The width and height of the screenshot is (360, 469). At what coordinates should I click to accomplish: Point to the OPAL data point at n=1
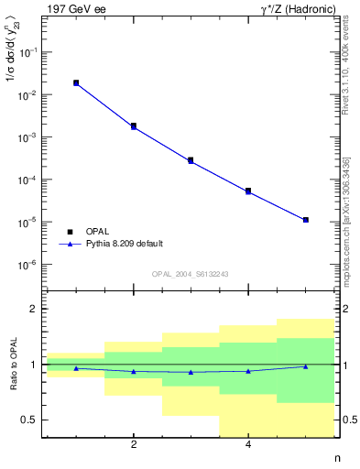tap(76, 82)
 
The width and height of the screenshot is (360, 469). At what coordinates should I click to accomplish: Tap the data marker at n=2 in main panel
tap(134, 125)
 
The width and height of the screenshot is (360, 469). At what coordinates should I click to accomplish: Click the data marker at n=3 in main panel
tap(191, 160)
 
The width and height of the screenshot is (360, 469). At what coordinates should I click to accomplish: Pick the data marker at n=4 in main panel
tap(248, 191)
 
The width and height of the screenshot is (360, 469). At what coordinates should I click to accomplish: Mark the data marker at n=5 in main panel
tap(305, 220)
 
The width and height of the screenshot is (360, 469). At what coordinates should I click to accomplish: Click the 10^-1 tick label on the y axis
tap(31, 53)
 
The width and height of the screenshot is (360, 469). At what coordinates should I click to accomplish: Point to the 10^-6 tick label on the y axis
tap(31, 265)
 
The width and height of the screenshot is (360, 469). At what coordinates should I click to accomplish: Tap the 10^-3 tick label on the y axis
tap(31, 137)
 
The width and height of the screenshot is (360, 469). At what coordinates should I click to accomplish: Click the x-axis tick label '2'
tap(134, 445)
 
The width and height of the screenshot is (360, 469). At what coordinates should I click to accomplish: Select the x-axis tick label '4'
tap(248, 445)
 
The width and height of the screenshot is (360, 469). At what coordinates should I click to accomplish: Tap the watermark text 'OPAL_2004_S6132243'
tap(190, 274)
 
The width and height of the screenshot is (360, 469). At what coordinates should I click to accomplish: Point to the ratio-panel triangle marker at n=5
tap(305, 366)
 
